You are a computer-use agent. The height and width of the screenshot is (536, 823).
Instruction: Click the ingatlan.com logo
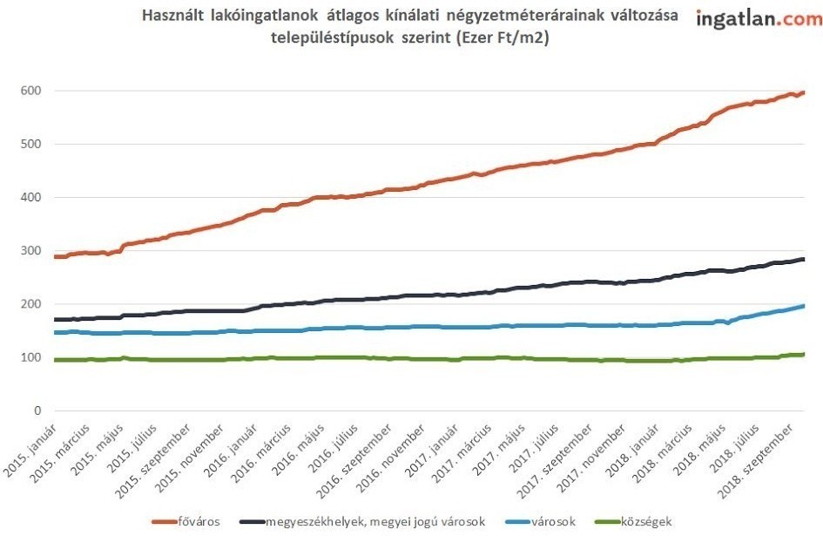pyautogui.click(x=759, y=19)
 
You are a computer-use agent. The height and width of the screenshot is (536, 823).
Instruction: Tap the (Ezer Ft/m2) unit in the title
pyautogui.click(x=505, y=39)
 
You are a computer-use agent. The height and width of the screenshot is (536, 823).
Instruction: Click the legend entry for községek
pyautogui.click(x=645, y=521)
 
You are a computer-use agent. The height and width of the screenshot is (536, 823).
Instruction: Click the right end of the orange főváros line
pyautogui.click(x=802, y=92)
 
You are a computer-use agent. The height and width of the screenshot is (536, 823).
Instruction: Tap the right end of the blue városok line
pyautogui.click(x=802, y=305)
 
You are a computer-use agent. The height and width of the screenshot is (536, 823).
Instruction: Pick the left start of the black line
pyautogui.click(x=56, y=320)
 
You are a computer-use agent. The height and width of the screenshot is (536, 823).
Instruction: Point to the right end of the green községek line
pyautogui.click(x=802, y=354)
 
